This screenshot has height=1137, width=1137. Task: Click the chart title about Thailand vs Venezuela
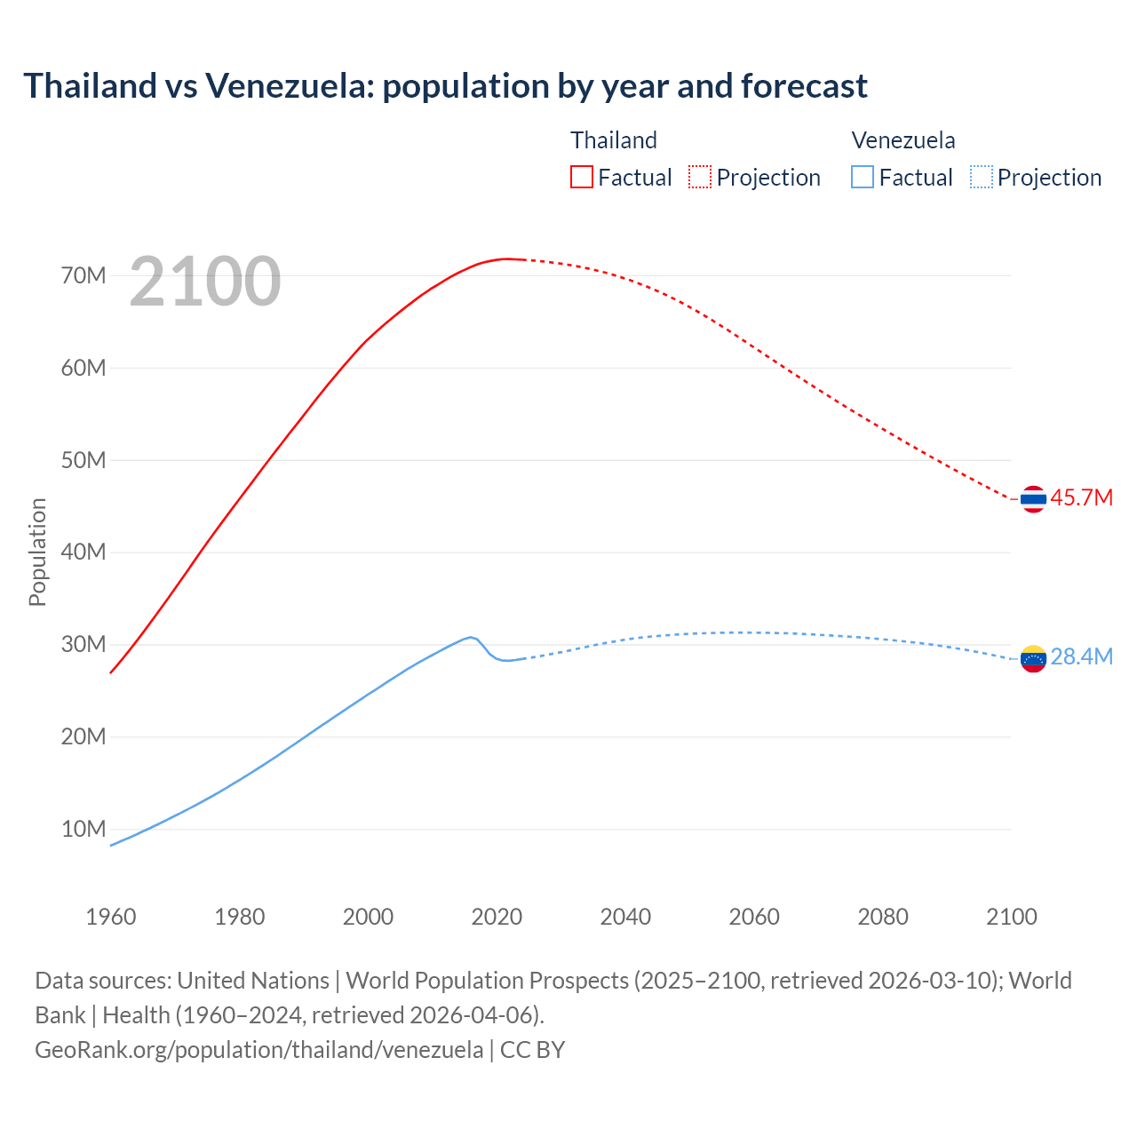click(x=445, y=86)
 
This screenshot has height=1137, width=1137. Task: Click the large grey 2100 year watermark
click(x=205, y=282)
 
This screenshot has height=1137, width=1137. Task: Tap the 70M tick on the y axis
click(x=83, y=275)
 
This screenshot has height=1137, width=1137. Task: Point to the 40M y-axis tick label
click(x=83, y=552)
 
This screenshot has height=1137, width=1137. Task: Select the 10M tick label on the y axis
click(x=83, y=829)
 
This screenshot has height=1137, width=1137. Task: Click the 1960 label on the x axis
click(x=111, y=917)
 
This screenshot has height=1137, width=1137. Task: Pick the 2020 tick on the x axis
click(x=497, y=917)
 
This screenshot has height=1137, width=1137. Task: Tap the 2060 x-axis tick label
click(x=754, y=917)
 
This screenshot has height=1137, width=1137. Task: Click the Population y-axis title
click(x=37, y=552)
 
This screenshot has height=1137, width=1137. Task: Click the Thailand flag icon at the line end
click(x=1033, y=499)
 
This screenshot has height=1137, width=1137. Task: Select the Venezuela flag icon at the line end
click(x=1033, y=658)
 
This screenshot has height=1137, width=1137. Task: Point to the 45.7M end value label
click(x=1081, y=498)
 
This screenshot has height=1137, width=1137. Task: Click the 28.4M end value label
click(x=1081, y=657)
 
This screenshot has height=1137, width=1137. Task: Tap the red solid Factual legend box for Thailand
click(x=582, y=177)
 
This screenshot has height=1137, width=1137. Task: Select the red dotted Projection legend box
click(x=700, y=177)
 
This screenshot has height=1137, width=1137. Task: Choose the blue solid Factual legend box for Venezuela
click(x=863, y=177)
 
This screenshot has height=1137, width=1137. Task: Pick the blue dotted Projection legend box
click(x=981, y=177)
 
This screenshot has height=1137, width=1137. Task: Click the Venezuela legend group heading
click(x=903, y=140)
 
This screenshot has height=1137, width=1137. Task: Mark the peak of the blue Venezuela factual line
click(x=471, y=637)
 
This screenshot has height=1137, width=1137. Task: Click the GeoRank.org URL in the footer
click(x=259, y=1050)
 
